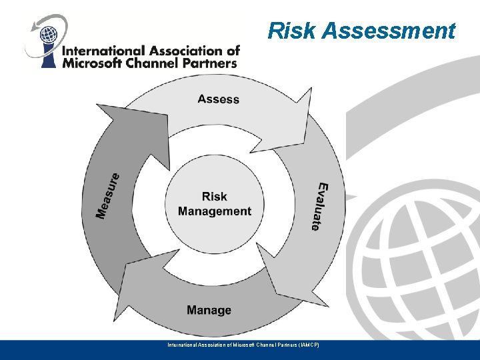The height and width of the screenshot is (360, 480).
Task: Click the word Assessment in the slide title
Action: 389,31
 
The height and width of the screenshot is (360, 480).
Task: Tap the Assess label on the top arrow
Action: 218,99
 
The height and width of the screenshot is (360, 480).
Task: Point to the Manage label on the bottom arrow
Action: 209,310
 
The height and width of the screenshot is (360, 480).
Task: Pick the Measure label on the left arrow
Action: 108,196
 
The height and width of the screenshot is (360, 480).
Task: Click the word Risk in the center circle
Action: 215,197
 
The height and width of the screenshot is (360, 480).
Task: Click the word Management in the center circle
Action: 215,211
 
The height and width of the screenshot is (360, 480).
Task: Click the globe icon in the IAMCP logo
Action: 47,33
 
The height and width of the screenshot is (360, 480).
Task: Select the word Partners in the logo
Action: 209,63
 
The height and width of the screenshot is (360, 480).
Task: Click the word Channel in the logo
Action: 153,63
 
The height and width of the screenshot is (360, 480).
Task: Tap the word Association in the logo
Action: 180,51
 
